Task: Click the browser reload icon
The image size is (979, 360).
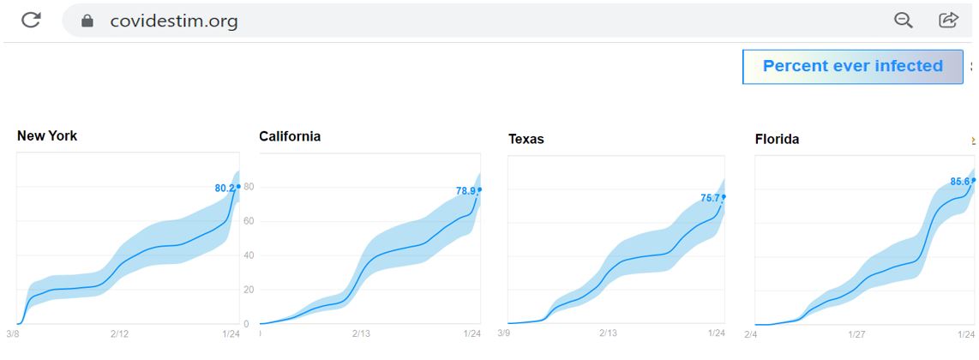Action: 32,21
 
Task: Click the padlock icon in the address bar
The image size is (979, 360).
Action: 87,21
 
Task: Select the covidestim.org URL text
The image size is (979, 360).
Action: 173,21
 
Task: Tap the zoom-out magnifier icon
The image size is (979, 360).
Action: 903,21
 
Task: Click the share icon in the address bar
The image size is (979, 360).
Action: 948,21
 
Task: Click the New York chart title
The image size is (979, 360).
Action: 47,135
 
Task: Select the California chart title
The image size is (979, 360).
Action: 290,136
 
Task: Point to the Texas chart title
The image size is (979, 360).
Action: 526,139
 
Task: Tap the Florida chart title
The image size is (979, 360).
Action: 777,139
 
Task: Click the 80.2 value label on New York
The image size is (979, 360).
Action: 225,189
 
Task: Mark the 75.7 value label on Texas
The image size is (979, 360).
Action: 710,198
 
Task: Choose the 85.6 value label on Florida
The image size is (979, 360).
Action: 959,182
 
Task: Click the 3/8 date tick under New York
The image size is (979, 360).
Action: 13,333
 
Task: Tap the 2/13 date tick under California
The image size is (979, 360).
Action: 361,333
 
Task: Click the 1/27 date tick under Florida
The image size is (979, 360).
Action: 856,333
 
